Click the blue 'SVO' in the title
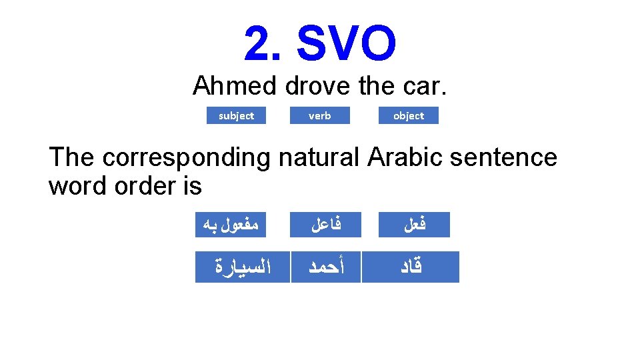point(346,44)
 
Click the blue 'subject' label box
point(236,115)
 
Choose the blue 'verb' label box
point(319,115)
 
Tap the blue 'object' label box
point(409,115)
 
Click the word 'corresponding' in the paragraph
point(186,157)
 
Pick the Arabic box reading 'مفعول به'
point(230,225)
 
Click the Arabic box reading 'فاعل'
point(327,225)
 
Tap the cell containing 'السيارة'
point(242,267)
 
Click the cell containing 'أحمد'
point(326,267)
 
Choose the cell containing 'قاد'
point(411,267)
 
